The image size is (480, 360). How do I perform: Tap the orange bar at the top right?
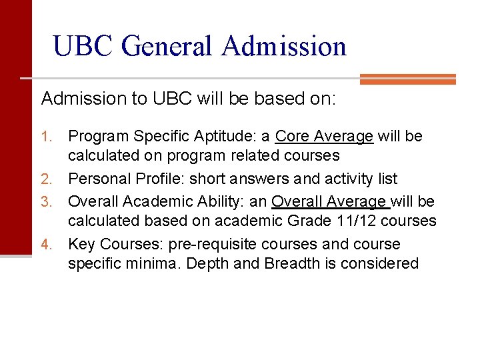click(407, 79)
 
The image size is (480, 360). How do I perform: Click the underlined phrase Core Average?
click(324, 137)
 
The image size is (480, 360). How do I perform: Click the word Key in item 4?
click(81, 244)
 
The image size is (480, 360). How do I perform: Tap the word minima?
click(147, 263)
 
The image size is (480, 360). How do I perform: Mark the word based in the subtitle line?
click(273, 99)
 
